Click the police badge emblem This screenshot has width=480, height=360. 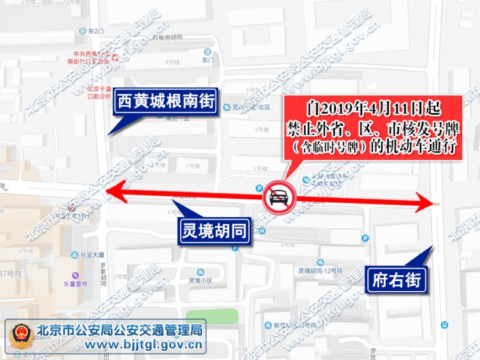(21, 337)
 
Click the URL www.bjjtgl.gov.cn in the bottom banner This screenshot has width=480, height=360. (121, 345)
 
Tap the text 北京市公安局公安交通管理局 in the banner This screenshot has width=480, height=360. (121, 330)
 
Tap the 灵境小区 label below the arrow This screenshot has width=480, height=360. (200, 281)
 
